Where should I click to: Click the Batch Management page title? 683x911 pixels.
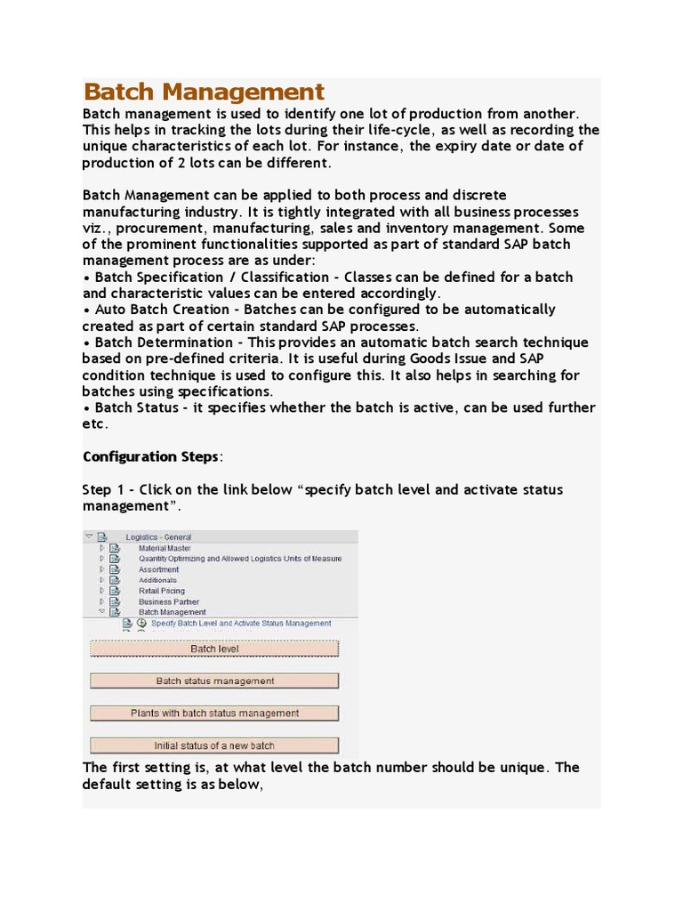point(204,92)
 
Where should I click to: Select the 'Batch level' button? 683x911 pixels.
point(214,649)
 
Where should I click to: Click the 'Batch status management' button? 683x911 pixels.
point(214,681)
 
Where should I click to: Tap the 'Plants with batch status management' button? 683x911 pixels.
point(214,713)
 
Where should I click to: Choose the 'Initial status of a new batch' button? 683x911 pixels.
point(214,746)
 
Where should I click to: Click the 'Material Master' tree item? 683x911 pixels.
point(165,548)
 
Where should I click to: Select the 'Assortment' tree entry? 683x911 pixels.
point(158,569)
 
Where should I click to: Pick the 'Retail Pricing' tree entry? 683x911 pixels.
point(162,591)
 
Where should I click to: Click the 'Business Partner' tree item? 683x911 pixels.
point(168,601)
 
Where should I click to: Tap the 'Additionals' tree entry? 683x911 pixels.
point(157,580)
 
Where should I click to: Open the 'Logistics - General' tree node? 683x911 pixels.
point(158,537)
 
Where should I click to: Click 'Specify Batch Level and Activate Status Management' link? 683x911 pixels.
point(241,623)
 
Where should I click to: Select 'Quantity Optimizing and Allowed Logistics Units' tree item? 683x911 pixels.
point(239,559)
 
